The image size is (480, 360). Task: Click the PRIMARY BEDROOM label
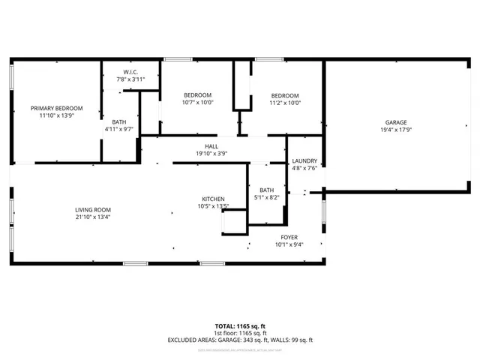pos(56,108)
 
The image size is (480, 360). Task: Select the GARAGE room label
pos(396,122)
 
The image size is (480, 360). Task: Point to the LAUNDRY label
pos(304,160)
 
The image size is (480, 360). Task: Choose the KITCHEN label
pos(213,199)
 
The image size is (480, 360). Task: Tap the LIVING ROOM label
pos(92,210)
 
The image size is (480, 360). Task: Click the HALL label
pos(211,146)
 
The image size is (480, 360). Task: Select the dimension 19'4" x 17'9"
pos(396,130)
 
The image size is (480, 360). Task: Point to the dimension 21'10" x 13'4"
pos(92,217)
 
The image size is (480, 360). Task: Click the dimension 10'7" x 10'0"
pos(198,103)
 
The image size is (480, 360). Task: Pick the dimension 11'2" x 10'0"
pos(285,103)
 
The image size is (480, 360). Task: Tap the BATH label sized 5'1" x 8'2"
pos(267,190)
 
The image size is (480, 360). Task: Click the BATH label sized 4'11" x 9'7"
pos(119,121)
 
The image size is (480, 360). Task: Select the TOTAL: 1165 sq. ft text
pos(240,326)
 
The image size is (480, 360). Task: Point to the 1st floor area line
pos(240,333)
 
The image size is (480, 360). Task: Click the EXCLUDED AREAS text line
pos(240,340)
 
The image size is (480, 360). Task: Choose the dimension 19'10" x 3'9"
pos(211,154)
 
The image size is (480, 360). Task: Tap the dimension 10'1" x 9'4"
pos(289,244)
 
